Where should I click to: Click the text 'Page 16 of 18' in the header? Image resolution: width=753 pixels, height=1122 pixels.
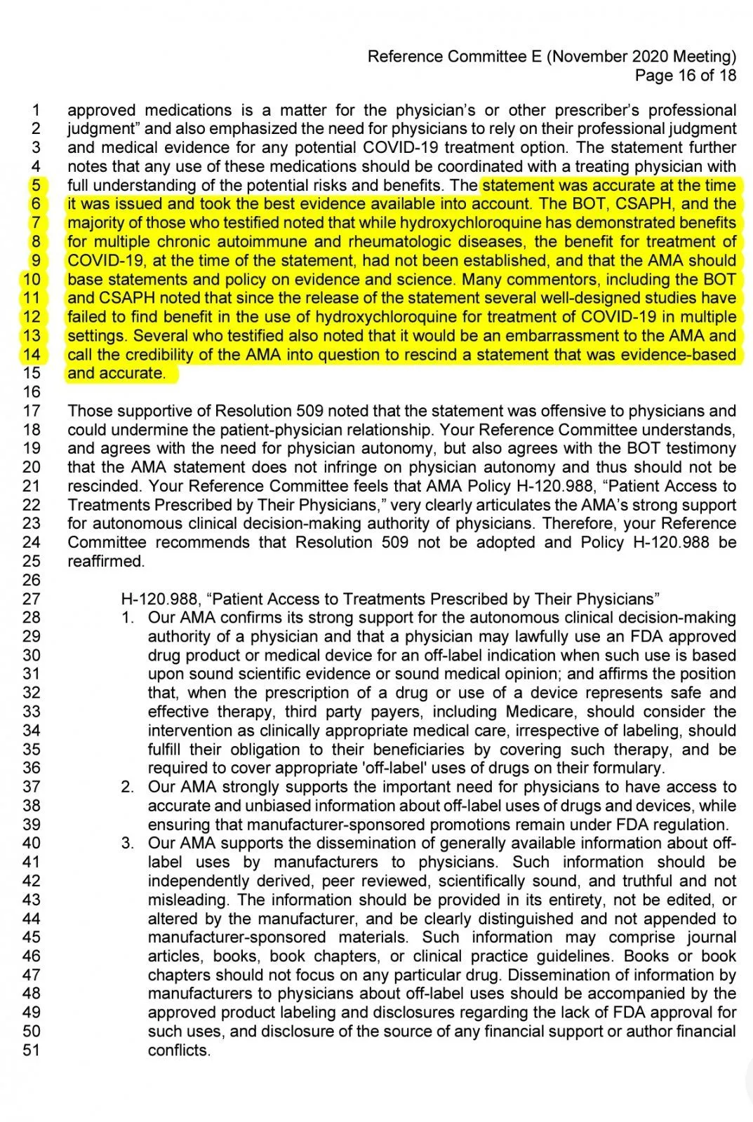pos(685,75)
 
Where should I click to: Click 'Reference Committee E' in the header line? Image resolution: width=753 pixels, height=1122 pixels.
pos(455,56)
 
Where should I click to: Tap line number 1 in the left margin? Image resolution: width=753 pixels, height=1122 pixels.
pos(36,110)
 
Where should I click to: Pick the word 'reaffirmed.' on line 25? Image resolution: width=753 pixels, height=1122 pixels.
pos(106,561)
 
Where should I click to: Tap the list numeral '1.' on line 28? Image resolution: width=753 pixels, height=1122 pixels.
pos(127,618)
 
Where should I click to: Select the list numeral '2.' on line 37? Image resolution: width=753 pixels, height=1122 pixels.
pos(127,787)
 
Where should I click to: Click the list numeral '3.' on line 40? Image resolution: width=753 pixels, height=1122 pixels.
pos(127,843)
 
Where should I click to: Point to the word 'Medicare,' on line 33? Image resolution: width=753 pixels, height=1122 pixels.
pos(540,712)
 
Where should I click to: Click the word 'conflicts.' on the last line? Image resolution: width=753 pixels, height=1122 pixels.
pos(179,1050)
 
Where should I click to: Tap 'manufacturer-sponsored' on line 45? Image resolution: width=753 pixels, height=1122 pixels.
pos(236,938)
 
